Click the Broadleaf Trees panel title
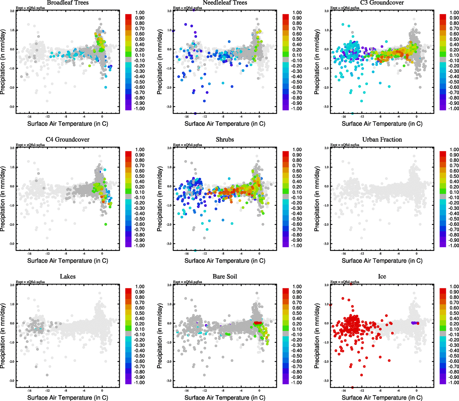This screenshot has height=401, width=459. coord(68,3)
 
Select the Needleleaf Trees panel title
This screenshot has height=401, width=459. coord(225,3)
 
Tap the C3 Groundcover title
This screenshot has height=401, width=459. coord(382,3)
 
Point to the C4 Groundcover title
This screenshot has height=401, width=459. coord(68,139)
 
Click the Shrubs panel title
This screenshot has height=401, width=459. coord(225,139)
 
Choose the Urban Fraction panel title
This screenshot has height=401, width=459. coord(382,139)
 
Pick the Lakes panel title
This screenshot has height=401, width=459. coord(68,276)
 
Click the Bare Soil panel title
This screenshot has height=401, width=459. coord(225,276)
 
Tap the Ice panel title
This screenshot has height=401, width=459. coord(382,276)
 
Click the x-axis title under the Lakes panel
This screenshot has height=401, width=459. coord(68,397)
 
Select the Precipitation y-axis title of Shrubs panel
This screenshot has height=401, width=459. coord(160,199)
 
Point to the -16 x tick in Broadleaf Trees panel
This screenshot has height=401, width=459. coord(29,117)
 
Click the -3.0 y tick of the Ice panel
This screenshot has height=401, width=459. coord(326,381)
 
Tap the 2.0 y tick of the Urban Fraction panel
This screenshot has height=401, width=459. coord(326,148)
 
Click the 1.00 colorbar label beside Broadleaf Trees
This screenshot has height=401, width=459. coord(140,13)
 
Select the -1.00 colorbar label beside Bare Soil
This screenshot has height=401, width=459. coord(297,382)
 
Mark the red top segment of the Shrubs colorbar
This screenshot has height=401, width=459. coord(286,154)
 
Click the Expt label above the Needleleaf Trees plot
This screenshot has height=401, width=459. coord(187,8)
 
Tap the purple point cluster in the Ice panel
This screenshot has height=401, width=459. coord(415,323)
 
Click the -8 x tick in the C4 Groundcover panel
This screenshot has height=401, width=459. coord(66,254)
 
